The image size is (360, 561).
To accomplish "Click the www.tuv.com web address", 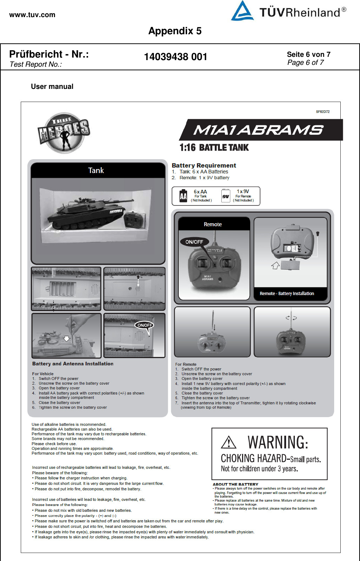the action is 32,15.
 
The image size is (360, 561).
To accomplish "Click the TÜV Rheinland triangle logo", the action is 242,11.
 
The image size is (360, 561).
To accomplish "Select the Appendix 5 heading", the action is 175,31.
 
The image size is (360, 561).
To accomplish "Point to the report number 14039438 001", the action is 175,57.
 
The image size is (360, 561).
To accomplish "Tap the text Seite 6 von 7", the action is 308,54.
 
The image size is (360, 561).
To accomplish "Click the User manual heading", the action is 52,87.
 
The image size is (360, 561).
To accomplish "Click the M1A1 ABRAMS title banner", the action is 258,130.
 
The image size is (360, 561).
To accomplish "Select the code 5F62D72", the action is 323,112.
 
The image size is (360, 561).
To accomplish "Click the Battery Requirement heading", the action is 203,165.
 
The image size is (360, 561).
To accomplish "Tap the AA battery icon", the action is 183,196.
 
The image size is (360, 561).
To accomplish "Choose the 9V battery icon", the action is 226,196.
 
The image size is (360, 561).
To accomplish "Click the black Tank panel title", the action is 96,170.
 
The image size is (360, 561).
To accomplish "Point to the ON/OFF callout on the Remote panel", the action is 194,242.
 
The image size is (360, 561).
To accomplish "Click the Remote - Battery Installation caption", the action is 286,294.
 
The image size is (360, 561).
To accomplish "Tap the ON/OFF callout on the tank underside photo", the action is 145,325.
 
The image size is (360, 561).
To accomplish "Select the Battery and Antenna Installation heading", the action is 73,364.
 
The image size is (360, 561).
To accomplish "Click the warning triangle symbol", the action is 229,442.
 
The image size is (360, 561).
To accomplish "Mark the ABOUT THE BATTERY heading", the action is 235,484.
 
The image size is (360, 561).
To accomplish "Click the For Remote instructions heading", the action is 186,364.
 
